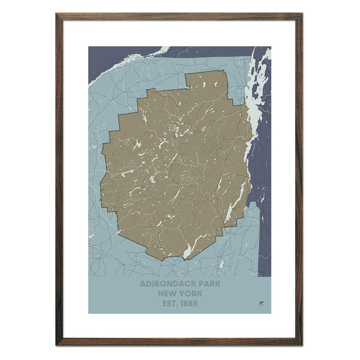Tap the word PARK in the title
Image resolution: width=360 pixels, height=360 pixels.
coord(208,284)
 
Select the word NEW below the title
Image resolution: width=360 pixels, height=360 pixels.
coord(166,294)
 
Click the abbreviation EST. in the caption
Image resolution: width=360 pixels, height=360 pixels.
coord(170,304)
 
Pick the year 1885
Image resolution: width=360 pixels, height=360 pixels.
coord(189,304)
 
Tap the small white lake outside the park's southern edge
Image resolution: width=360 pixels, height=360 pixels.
coord(222,264)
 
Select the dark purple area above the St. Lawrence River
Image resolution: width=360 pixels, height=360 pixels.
coord(110,59)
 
